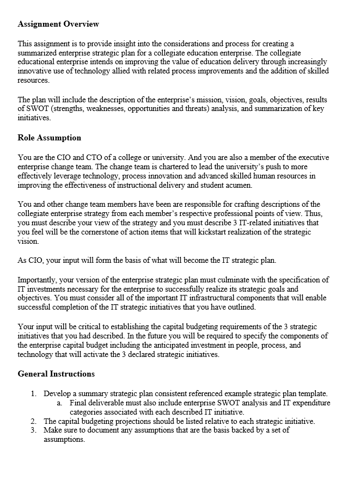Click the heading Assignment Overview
coord(58,24)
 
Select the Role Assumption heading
coord(49,138)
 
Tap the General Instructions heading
coord(56,374)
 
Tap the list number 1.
coord(33,393)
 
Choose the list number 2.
coord(33,421)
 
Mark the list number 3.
coord(33,430)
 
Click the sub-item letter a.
coord(59,403)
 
